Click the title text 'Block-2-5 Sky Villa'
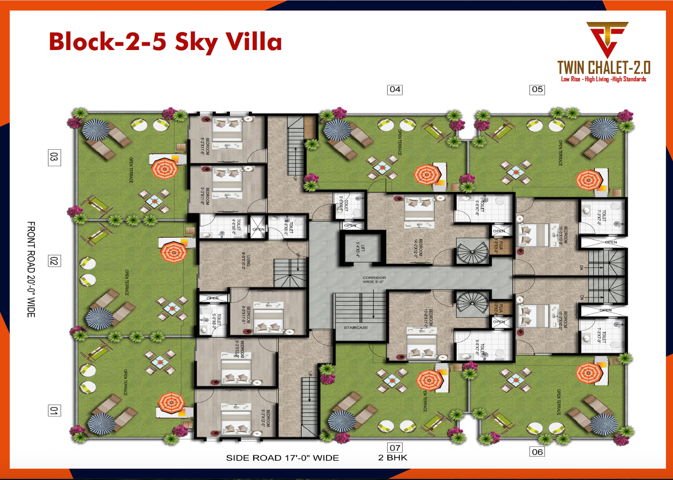coord(165,42)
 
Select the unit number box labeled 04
coord(395,89)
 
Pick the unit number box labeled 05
coord(537,89)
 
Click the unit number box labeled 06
coord(537,452)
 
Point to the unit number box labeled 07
coord(395,448)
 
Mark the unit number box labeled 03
coord(54,157)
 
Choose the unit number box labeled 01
coord(54,411)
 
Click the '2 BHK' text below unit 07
coord(392,458)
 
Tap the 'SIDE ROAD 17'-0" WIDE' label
coord(282,458)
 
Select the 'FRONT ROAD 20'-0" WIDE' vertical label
coord(31,269)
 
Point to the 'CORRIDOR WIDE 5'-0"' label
coord(374,280)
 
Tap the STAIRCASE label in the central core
coord(356,327)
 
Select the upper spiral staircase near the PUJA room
coord(472,252)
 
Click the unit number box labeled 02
coord(54,261)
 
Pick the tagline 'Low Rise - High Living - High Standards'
coord(603,79)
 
